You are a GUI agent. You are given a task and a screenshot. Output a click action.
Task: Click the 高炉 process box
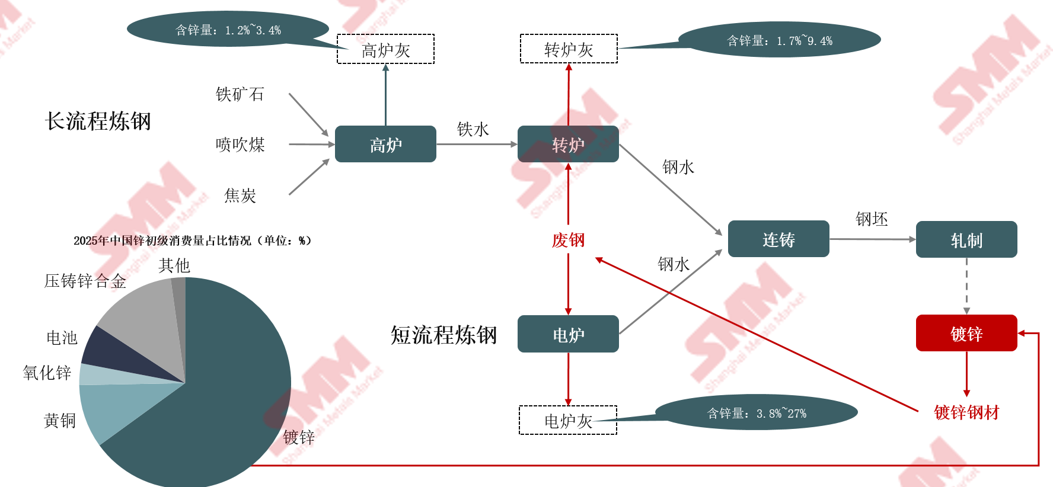pyautogui.click(x=385, y=144)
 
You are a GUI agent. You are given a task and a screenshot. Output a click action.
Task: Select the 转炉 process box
pyautogui.click(x=568, y=144)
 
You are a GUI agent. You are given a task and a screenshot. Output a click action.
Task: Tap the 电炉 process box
pyautogui.click(x=568, y=334)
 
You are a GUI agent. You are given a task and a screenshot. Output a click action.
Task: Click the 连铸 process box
pyautogui.click(x=778, y=239)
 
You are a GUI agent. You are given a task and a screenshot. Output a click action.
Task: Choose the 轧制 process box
pyautogui.click(x=966, y=239)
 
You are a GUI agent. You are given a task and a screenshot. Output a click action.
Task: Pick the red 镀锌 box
pyautogui.click(x=966, y=333)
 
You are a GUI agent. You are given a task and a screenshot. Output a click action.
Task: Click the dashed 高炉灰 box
pyautogui.click(x=385, y=49)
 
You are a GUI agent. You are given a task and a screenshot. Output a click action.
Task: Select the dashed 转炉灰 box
pyautogui.click(x=568, y=49)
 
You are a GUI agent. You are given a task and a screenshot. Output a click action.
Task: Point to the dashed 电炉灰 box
pyautogui.click(x=568, y=420)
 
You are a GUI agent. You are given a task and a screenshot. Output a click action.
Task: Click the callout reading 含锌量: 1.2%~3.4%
pyautogui.click(x=228, y=29)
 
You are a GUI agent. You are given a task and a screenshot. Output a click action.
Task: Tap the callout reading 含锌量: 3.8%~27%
pyautogui.click(x=756, y=412)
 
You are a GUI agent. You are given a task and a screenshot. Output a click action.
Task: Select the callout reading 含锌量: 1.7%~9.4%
pyautogui.click(x=779, y=40)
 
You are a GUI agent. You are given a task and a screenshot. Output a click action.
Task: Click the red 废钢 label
pyautogui.click(x=568, y=240)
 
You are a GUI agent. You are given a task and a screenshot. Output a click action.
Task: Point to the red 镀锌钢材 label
pyautogui.click(x=966, y=412)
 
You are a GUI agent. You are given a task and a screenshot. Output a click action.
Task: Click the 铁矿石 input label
pyautogui.click(x=240, y=94)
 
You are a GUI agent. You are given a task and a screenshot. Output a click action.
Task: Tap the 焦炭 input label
pyautogui.click(x=240, y=195)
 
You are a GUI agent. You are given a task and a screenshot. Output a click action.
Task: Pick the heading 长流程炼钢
pyautogui.click(x=98, y=121)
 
